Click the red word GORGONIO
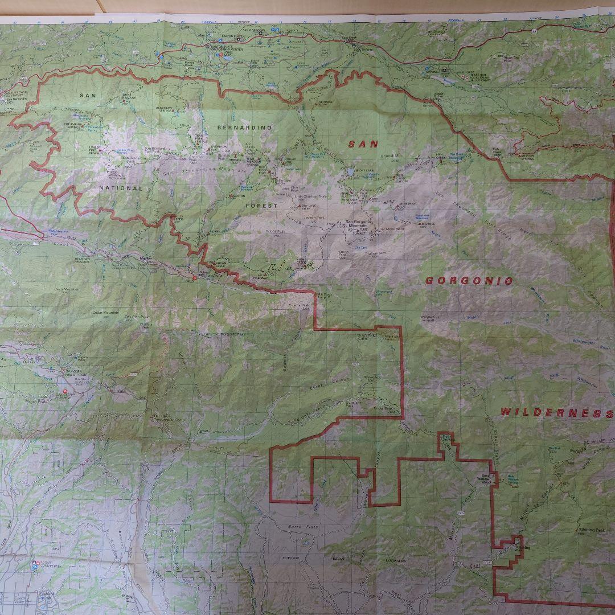tap(469, 281)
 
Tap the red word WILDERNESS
tap(557, 413)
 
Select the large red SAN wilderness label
tap(363, 145)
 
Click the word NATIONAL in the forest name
tap(120, 188)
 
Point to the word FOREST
tap(262, 205)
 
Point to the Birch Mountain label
tap(67, 289)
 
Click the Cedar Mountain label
tap(106, 313)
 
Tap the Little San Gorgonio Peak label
tap(224, 334)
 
